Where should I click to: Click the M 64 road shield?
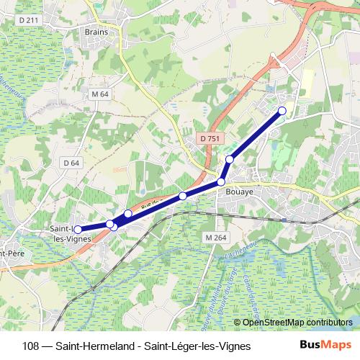point(99,94)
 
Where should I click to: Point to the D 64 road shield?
point(71,163)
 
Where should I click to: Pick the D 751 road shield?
point(210,138)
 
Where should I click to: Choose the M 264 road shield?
point(215,238)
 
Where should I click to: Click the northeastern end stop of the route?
point(282,110)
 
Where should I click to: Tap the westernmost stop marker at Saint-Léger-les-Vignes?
point(78,230)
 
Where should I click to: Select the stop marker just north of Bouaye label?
point(230,159)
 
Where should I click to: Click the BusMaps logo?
point(325,345)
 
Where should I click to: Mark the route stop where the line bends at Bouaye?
point(221,182)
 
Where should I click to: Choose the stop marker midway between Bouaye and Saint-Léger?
point(183,196)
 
